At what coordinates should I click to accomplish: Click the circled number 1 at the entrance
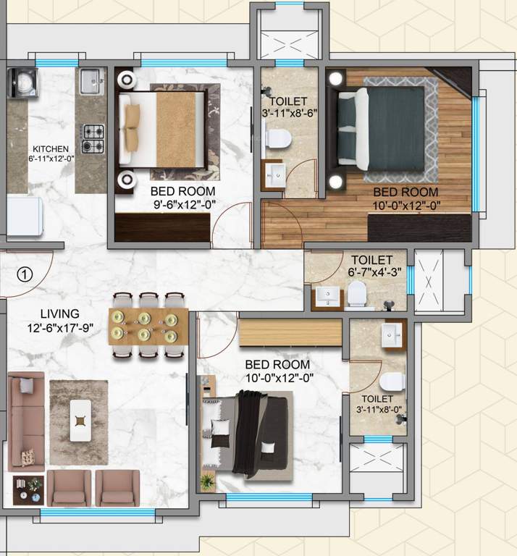(25, 274)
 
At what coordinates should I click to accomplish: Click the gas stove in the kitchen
(93, 138)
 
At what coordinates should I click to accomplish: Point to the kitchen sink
(91, 81)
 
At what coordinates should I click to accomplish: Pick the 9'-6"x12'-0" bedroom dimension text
(182, 205)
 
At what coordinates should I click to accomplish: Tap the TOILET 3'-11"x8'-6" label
(288, 106)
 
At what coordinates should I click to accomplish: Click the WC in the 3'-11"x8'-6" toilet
(276, 137)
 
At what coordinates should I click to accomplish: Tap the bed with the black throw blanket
(249, 431)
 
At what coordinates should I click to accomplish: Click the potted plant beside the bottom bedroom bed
(209, 479)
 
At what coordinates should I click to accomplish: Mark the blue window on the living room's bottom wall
(98, 513)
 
